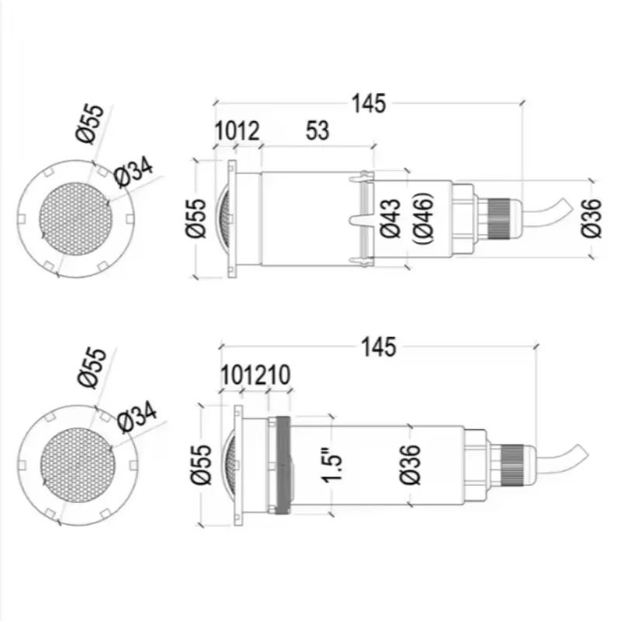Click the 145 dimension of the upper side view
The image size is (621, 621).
pos(368,104)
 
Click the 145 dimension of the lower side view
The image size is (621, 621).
pos(379,347)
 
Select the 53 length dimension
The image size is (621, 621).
pos(317,130)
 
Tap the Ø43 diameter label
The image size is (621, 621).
pos(390,218)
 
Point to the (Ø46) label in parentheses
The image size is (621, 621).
pos(423,218)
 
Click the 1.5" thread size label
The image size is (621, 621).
pos(331,466)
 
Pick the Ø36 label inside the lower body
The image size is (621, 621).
pos(410,464)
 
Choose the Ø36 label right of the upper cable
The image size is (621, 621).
pos(591,218)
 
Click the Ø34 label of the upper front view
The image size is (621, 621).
pos(133,172)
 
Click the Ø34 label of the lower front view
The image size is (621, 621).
pos(137,417)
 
